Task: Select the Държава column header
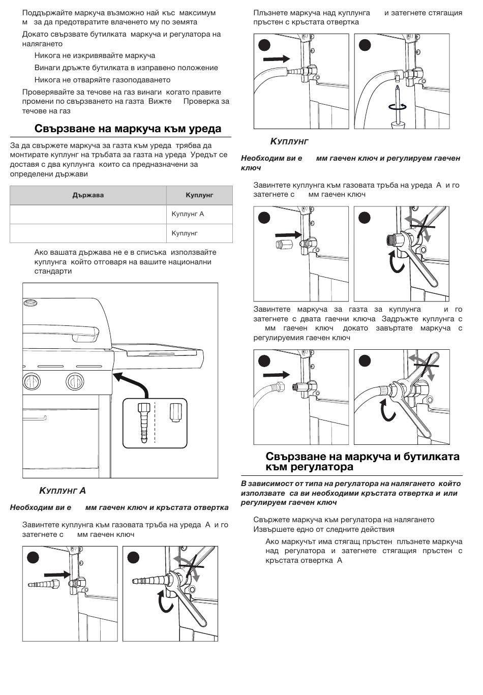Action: [88, 195]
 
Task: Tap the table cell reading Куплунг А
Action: [188, 214]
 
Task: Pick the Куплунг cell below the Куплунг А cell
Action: [185, 233]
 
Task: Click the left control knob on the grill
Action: [33, 381]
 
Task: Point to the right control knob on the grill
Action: [75, 381]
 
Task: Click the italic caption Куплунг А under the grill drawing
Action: [63, 491]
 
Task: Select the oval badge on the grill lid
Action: [31, 304]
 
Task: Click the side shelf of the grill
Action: [163, 349]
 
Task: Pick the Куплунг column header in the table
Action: [199, 195]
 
